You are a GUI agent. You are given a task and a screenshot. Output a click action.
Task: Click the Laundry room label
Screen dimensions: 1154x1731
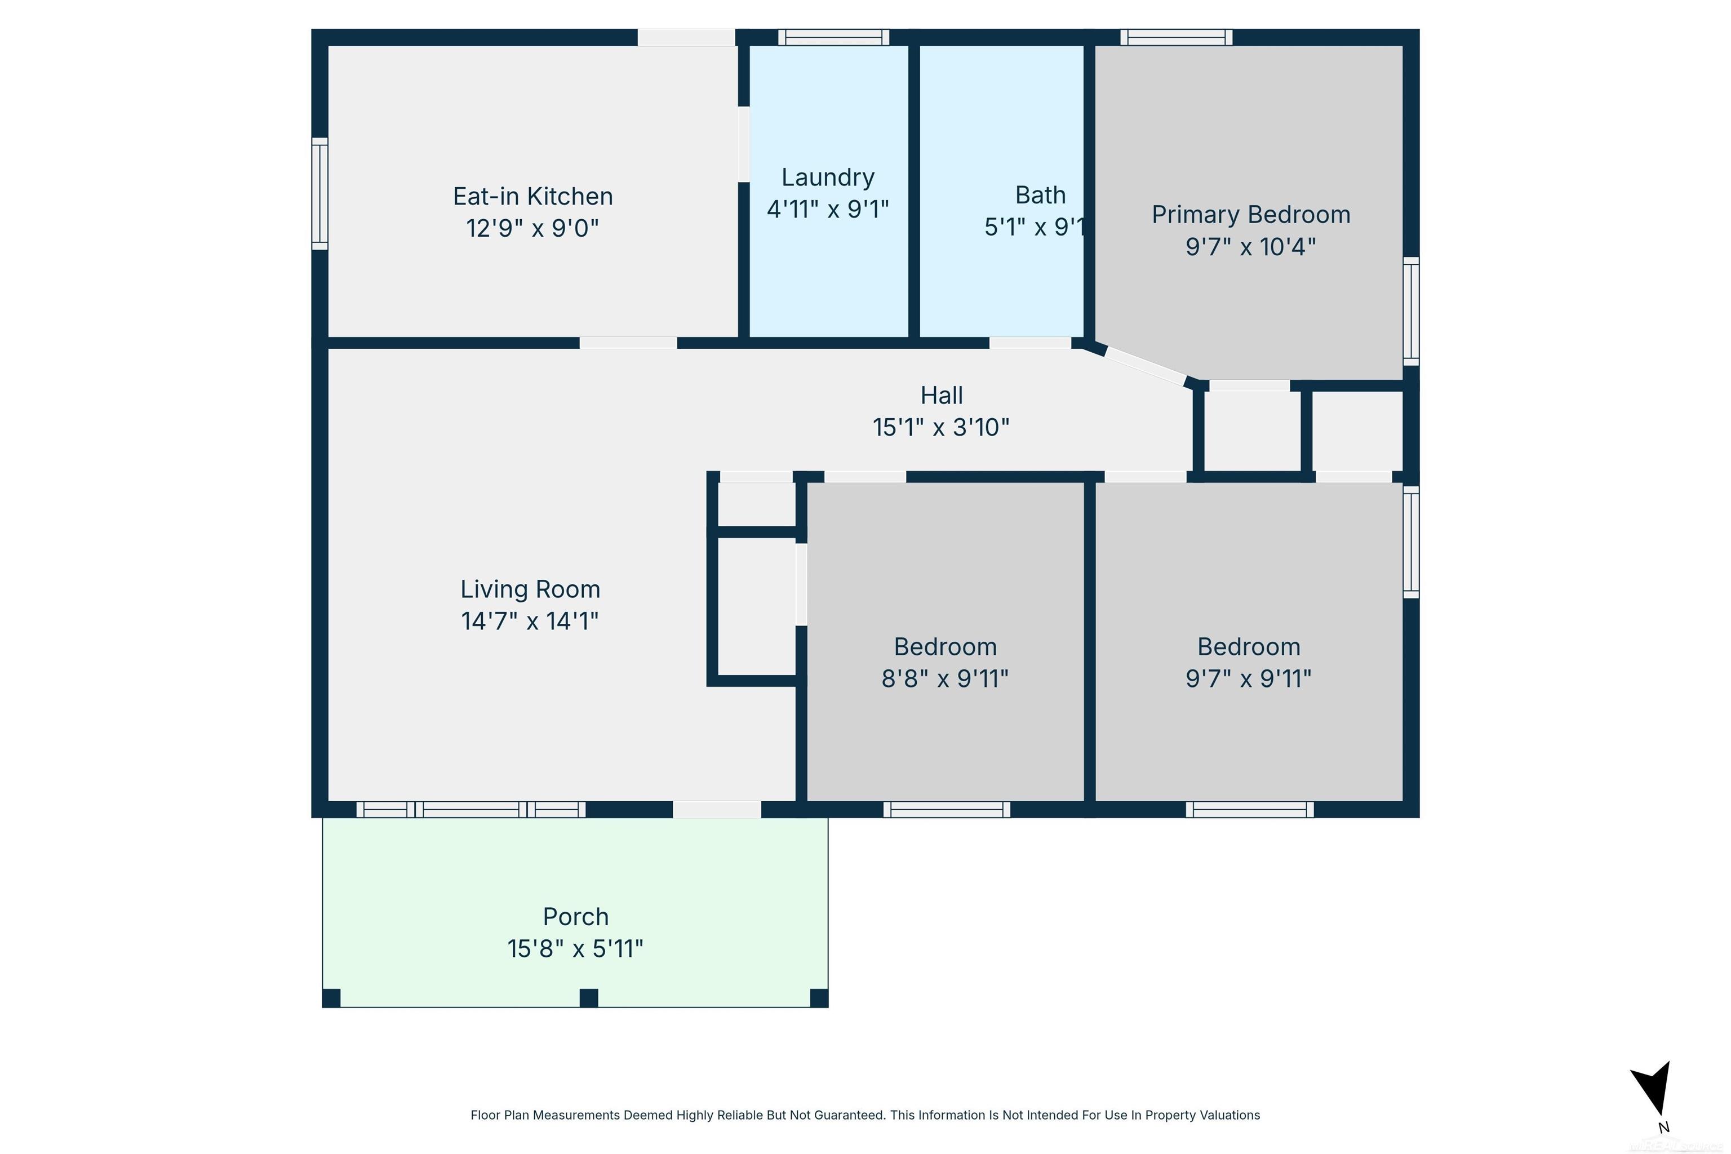click(x=827, y=177)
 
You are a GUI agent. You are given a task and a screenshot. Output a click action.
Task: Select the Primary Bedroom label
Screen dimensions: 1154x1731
click(x=1250, y=215)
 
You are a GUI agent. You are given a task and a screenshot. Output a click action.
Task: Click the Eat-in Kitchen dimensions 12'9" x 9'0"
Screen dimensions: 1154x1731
click(x=532, y=229)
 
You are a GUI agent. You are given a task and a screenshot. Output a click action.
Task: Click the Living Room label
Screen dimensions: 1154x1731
click(x=530, y=589)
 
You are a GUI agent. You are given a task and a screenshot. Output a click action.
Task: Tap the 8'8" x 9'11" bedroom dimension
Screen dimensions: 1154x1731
click(x=944, y=678)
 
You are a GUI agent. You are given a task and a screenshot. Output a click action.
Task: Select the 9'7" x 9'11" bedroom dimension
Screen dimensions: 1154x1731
click(x=1248, y=678)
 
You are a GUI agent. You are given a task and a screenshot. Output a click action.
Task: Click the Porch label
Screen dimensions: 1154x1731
click(x=575, y=917)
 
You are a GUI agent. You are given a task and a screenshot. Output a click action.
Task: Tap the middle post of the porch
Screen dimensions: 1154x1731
click(x=588, y=998)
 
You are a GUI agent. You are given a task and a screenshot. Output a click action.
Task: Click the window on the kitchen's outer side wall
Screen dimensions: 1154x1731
click(x=319, y=194)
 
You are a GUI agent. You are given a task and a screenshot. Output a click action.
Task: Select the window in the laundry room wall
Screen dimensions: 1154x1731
click(x=833, y=38)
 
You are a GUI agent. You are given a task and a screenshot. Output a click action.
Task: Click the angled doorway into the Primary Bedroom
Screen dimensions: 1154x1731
click(x=1145, y=366)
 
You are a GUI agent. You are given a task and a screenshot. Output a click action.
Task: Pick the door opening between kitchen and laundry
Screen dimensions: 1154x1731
click(x=744, y=144)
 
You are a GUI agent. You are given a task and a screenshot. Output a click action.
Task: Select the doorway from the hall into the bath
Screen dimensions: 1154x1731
click(x=1029, y=343)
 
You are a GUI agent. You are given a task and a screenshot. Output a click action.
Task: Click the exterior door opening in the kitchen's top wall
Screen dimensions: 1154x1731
click(x=686, y=38)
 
